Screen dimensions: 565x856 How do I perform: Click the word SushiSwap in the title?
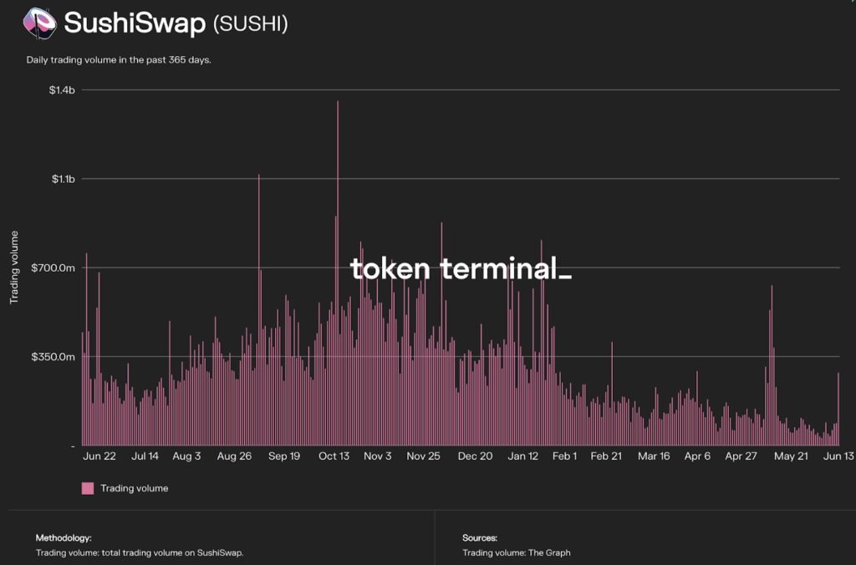(x=134, y=23)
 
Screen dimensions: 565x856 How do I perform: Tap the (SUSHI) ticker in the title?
(x=251, y=24)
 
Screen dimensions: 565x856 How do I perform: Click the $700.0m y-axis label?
(x=55, y=267)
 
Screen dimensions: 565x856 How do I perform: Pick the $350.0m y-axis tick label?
(x=55, y=357)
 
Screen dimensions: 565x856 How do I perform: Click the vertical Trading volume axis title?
(x=14, y=267)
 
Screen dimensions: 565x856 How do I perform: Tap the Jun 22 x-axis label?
(x=99, y=456)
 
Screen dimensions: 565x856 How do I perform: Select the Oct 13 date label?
(x=334, y=456)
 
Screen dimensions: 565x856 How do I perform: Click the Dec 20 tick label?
(x=475, y=456)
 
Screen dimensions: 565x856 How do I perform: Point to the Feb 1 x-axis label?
(x=564, y=456)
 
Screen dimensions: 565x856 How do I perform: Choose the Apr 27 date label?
(x=741, y=456)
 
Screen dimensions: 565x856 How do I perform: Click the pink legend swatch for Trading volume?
(x=88, y=488)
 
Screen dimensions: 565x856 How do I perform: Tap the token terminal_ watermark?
(x=461, y=269)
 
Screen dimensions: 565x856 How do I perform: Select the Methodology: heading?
(x=64, y=537)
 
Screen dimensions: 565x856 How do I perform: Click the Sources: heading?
(x=480, y=537)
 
